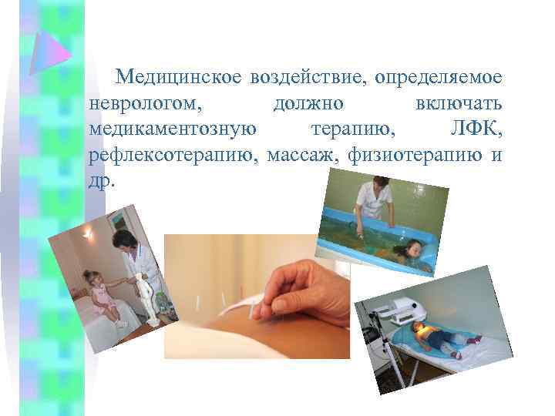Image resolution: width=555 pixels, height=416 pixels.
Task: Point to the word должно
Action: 308,102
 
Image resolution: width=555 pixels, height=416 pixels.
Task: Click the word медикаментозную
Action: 172,129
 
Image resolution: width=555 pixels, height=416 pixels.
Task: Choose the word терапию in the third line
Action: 355,129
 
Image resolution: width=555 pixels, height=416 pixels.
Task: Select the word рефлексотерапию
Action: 174,155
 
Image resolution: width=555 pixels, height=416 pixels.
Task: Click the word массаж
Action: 304,155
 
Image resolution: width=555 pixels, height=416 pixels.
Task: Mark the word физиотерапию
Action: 415,155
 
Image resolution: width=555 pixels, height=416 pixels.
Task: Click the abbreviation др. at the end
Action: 102,181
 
